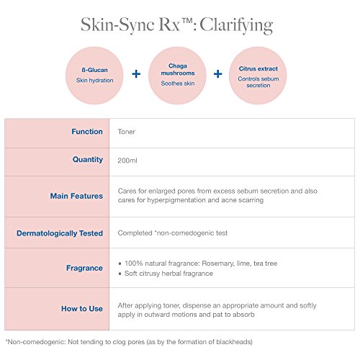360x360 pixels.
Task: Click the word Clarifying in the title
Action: click(236, 26)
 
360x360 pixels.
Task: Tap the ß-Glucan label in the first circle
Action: click(94, 70)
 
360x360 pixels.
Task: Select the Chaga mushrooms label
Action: click(178, 69)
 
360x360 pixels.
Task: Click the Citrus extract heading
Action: click(258, 68)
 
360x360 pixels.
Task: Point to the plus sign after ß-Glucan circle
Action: click(136, 73)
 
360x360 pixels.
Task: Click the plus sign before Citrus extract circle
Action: click(217, 73)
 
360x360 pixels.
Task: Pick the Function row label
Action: click(87, 132)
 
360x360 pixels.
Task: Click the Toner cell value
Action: click(127, 132)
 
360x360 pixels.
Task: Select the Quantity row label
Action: click(88, 159)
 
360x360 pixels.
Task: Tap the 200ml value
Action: click(127, 161)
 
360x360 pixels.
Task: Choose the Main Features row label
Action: click(76, 196)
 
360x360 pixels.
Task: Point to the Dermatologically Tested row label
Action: click(60, 233)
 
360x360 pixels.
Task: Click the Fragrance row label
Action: click(84, 268)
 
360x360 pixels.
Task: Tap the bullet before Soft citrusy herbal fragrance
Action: click(120, 274)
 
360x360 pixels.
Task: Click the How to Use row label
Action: click(82, 308)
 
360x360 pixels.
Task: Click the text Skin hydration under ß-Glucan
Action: click(94, 81)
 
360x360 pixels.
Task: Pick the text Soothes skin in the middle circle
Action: click(178, 84)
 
